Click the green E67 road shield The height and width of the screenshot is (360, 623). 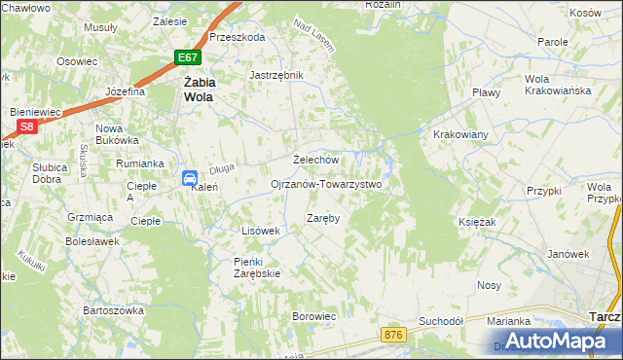pyautogui.click(x=190, y=58)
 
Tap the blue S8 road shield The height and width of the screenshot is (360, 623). pyautogui.click(x=27, y=126)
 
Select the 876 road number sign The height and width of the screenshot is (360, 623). pyautogui.click(x=393, y=335)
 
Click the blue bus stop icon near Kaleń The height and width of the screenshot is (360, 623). pyautogui.click(x=191, y=177)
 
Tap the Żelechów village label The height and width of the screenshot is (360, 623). pyautogui.click(x=315, y=160)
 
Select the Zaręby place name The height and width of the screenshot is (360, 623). pyautogui.click(x=323, y=218)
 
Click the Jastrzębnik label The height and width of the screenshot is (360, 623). pyautogui.click(x=277, y=75)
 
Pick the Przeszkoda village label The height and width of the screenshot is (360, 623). pyautogui.click(x=237, y=37)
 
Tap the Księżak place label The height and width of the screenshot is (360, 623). pyautogui.click(x=477, y=222)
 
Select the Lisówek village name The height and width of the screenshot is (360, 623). pyautogui.click(x=260, y=231)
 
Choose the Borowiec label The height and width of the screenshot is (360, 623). pyautogui.click(x=313, y=316)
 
